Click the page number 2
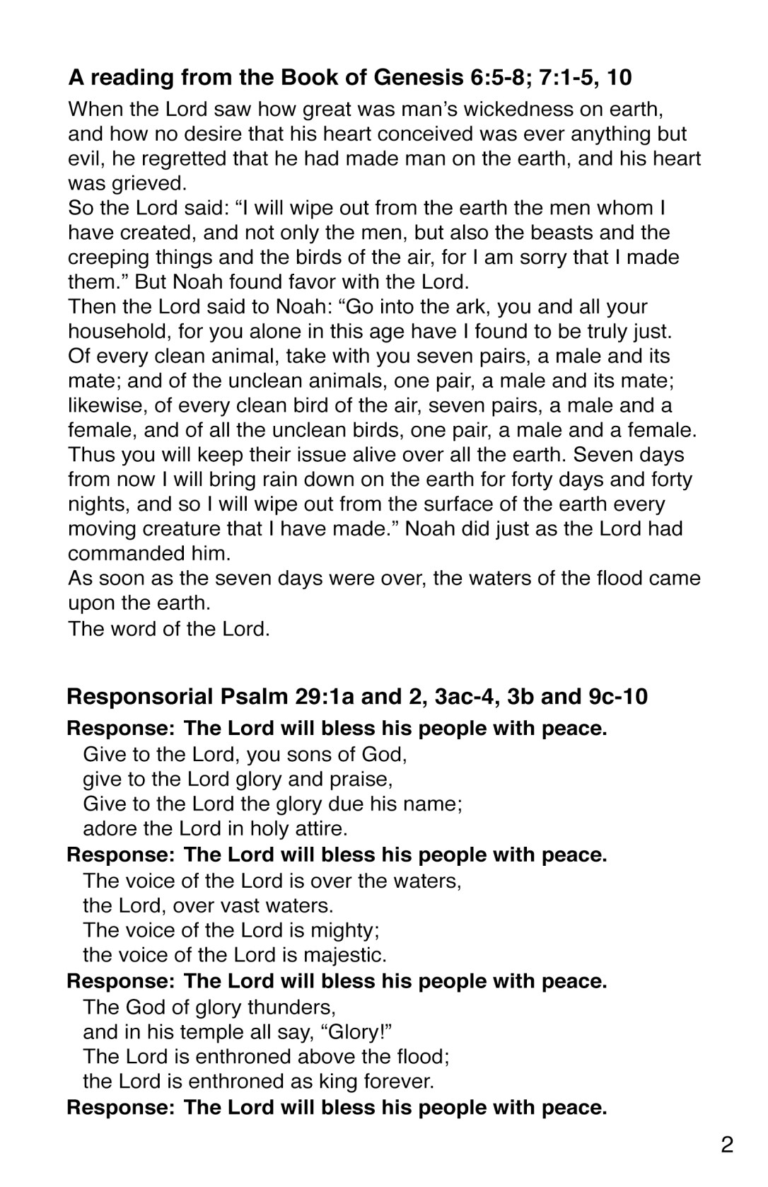point(727,1145)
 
